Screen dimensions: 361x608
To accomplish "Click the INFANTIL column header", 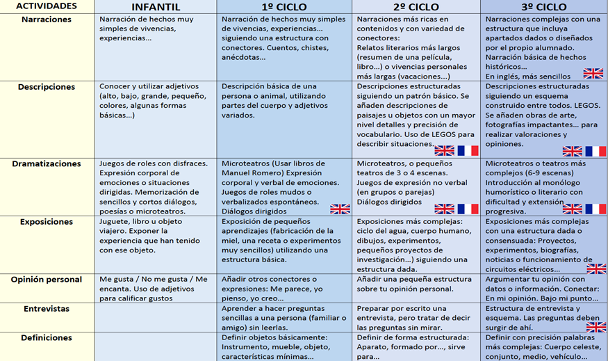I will pos(156,7).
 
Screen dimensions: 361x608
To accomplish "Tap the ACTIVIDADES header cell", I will pos(47,6).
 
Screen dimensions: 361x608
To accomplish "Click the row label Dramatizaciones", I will pos(47,164).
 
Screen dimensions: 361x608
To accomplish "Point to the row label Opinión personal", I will pos(47,280).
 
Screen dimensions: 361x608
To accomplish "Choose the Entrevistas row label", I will pos(47,309).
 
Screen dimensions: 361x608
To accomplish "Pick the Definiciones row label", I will pos(47,338).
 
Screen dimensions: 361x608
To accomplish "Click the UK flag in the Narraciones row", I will pos(593,73).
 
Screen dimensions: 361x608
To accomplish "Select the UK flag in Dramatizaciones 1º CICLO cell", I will pos(340,209).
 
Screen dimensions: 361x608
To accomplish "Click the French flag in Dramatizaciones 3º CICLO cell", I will pos(595,209).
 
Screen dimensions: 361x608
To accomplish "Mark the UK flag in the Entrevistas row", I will pos(595,326).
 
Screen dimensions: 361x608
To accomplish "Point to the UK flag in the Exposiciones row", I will pos(595,268).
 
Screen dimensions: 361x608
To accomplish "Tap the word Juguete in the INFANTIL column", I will pos(115,222).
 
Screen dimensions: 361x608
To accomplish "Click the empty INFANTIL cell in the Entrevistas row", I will pos(156,317).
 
